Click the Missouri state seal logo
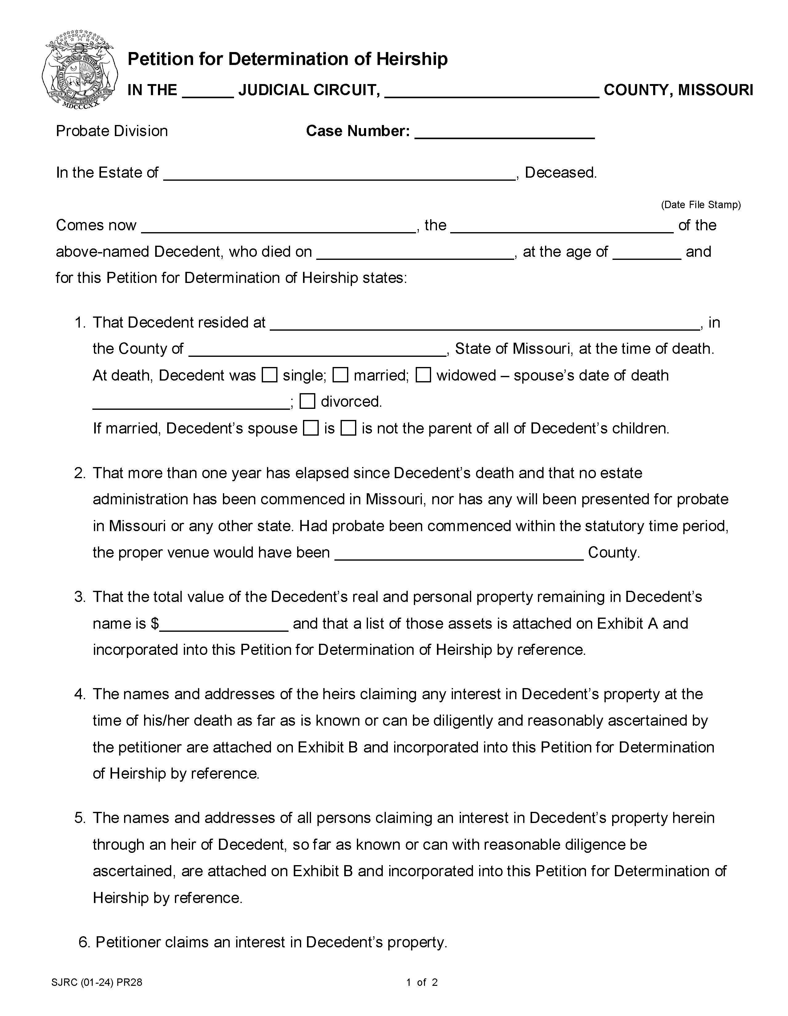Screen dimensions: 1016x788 [x=79, y=70]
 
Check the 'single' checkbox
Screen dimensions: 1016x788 [x=270, y=375]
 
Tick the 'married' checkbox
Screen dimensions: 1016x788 [x=341, y=375]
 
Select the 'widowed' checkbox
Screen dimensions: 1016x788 [x=423, y=375]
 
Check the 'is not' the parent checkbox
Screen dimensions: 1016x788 [x=348, y=428]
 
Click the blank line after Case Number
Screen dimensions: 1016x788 [x=504, y=133]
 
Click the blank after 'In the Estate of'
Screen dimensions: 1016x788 [x=340, y=174]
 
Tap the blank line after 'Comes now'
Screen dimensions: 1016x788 [x=278, y=227]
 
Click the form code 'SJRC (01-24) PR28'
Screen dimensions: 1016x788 [x=97, y=982]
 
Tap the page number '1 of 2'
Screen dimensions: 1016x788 [x=422, y=982]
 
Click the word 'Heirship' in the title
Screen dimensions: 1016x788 [x=412, y=59]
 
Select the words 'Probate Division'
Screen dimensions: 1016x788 [x=112, y=131]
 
